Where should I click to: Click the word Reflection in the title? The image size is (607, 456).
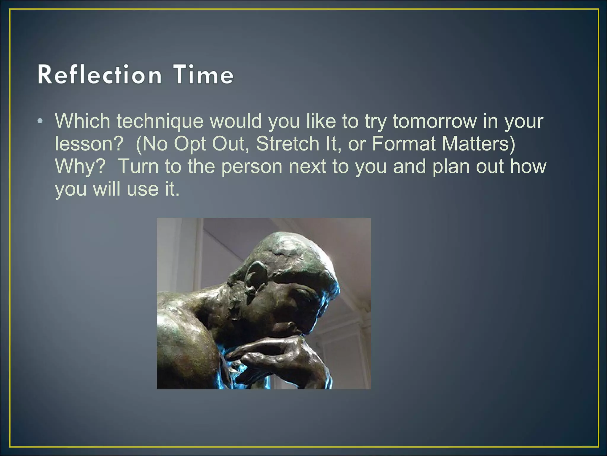tap(100, 75)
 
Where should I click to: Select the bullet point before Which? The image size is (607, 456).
tap(40, 121)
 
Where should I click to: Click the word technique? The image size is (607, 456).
tap(160, 121)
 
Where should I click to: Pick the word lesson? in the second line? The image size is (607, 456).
tap(89, 144)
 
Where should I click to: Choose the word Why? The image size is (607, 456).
tap(80, 166)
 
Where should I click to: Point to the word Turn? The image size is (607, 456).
tap(138, 166)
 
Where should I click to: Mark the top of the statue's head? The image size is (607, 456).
tap(293, 237)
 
